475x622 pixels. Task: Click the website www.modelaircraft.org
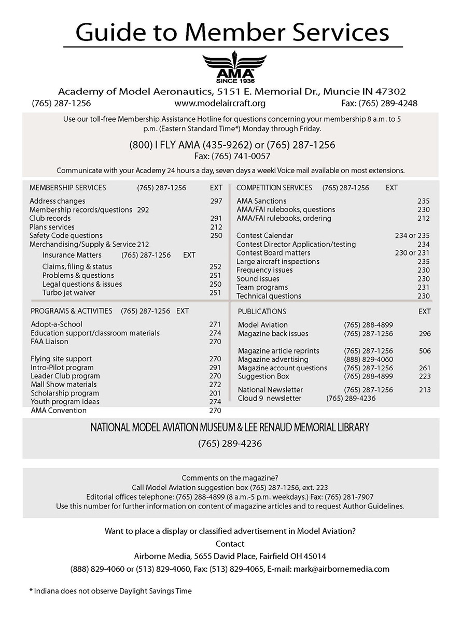220,103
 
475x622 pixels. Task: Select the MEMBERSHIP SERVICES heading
67,188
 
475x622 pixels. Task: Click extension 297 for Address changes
216,201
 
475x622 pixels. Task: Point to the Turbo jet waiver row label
68,293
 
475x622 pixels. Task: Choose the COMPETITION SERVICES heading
274,188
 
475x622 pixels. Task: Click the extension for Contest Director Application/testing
423,244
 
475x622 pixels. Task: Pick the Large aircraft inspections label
277,262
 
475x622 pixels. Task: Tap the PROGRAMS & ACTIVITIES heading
71,311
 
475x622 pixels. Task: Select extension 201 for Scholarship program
215,393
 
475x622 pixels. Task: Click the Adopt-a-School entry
56,324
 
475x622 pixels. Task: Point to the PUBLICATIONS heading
261,312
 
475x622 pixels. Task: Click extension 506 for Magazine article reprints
424,351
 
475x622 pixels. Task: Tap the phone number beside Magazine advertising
368,359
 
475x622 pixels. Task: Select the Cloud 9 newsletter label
269,398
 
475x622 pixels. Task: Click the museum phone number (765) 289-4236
229,444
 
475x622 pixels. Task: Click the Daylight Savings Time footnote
110,591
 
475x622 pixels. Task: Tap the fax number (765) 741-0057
232,156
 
